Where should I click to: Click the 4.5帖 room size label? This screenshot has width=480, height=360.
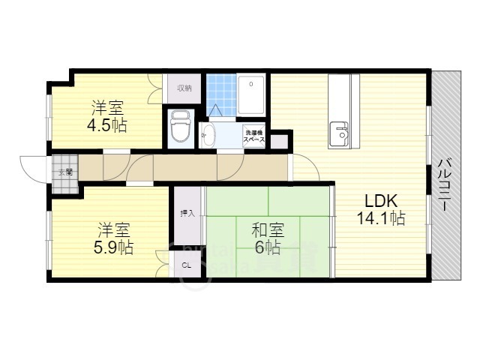coord(107,125)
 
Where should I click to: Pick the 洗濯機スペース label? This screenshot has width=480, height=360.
coord(254,137)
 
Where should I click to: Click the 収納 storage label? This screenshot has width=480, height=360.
coord(184,88)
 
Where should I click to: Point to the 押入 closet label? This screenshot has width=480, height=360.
coord(187,214)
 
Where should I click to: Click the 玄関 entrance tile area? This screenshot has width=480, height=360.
coord(65,172)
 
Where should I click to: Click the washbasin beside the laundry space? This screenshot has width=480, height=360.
coord(208,136)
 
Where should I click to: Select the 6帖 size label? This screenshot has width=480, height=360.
coord(268,247)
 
